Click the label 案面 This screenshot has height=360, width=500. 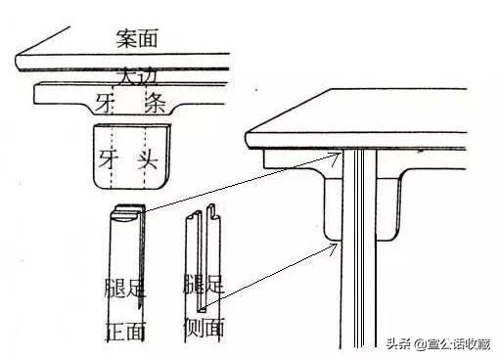tap(136, 39)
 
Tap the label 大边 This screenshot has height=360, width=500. tap(134, 75)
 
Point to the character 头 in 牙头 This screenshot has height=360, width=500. tap(148, 157)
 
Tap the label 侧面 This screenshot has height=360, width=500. tap(204, 327)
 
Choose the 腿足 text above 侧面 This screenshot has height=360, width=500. tap(204, 287)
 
